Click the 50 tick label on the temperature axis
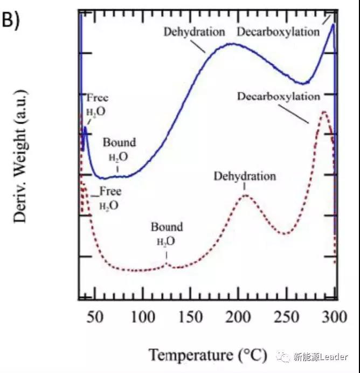point(95,317)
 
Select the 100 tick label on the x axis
point(143,317)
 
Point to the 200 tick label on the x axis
point(238,317)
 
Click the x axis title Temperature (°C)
point(208,355)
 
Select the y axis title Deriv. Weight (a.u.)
point(21,156)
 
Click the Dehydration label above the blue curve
point(194,32)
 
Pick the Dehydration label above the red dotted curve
point(245,176)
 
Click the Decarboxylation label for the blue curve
point(278,32)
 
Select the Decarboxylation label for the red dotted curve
point(278,96)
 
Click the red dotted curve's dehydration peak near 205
point(245,195)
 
